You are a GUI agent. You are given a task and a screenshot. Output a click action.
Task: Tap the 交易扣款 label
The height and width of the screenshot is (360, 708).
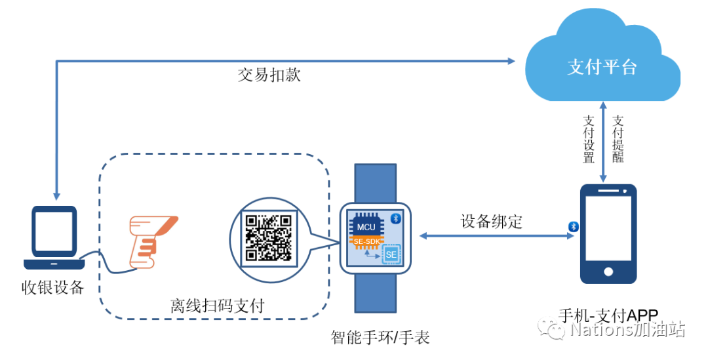[269, 75]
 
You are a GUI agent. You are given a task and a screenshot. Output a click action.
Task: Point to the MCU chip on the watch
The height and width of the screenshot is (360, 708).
[366, 227]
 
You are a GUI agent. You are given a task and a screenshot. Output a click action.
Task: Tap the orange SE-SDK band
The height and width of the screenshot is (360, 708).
[366, 243]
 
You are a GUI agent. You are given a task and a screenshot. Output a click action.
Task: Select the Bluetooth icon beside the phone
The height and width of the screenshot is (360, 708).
[573, 226]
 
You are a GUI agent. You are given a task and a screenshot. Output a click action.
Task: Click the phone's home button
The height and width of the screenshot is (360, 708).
[609, 271]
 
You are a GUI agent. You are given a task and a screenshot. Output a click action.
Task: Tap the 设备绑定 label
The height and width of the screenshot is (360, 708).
[492, 221]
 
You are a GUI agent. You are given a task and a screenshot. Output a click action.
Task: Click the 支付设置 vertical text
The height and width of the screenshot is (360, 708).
[589, 139]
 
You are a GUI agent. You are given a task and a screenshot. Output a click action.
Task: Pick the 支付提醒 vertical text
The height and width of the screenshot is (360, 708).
[618, 139]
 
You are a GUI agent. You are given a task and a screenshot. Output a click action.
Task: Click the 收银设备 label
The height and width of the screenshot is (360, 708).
[53, 288]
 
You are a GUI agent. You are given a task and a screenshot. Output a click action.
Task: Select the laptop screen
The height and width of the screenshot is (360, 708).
[54, 233]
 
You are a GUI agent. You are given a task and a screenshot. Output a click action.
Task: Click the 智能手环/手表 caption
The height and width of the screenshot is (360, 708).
[380, 338]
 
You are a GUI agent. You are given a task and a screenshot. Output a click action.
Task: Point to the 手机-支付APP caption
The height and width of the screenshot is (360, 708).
[608, 315]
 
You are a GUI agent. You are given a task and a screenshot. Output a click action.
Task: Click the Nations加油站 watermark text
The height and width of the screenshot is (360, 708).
[627, 330]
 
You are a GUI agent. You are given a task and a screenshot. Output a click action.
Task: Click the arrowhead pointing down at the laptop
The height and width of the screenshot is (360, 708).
[57, 195]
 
